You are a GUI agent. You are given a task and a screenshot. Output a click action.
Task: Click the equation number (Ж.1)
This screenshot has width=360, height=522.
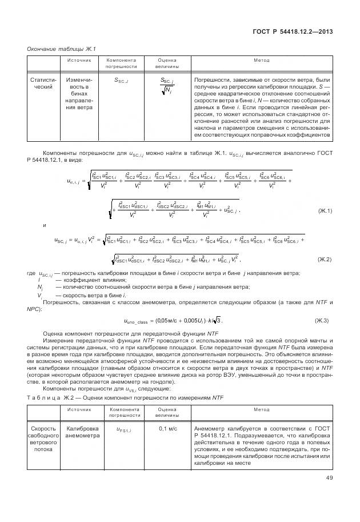(325, 211)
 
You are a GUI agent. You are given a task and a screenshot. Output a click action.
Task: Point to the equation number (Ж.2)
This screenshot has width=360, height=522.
(325, 259)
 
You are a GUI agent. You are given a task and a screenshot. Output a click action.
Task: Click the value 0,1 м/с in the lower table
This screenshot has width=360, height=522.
(167, 429)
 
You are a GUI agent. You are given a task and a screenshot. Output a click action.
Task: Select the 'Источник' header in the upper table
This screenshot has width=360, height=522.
(78, 60)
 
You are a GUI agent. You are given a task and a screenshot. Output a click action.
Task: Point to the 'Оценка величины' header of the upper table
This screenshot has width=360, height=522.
(167, 63)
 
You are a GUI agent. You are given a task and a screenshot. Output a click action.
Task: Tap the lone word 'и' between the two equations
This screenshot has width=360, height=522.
(45, 225)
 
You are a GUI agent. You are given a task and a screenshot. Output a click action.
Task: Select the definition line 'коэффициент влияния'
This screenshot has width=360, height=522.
(76, 280)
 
